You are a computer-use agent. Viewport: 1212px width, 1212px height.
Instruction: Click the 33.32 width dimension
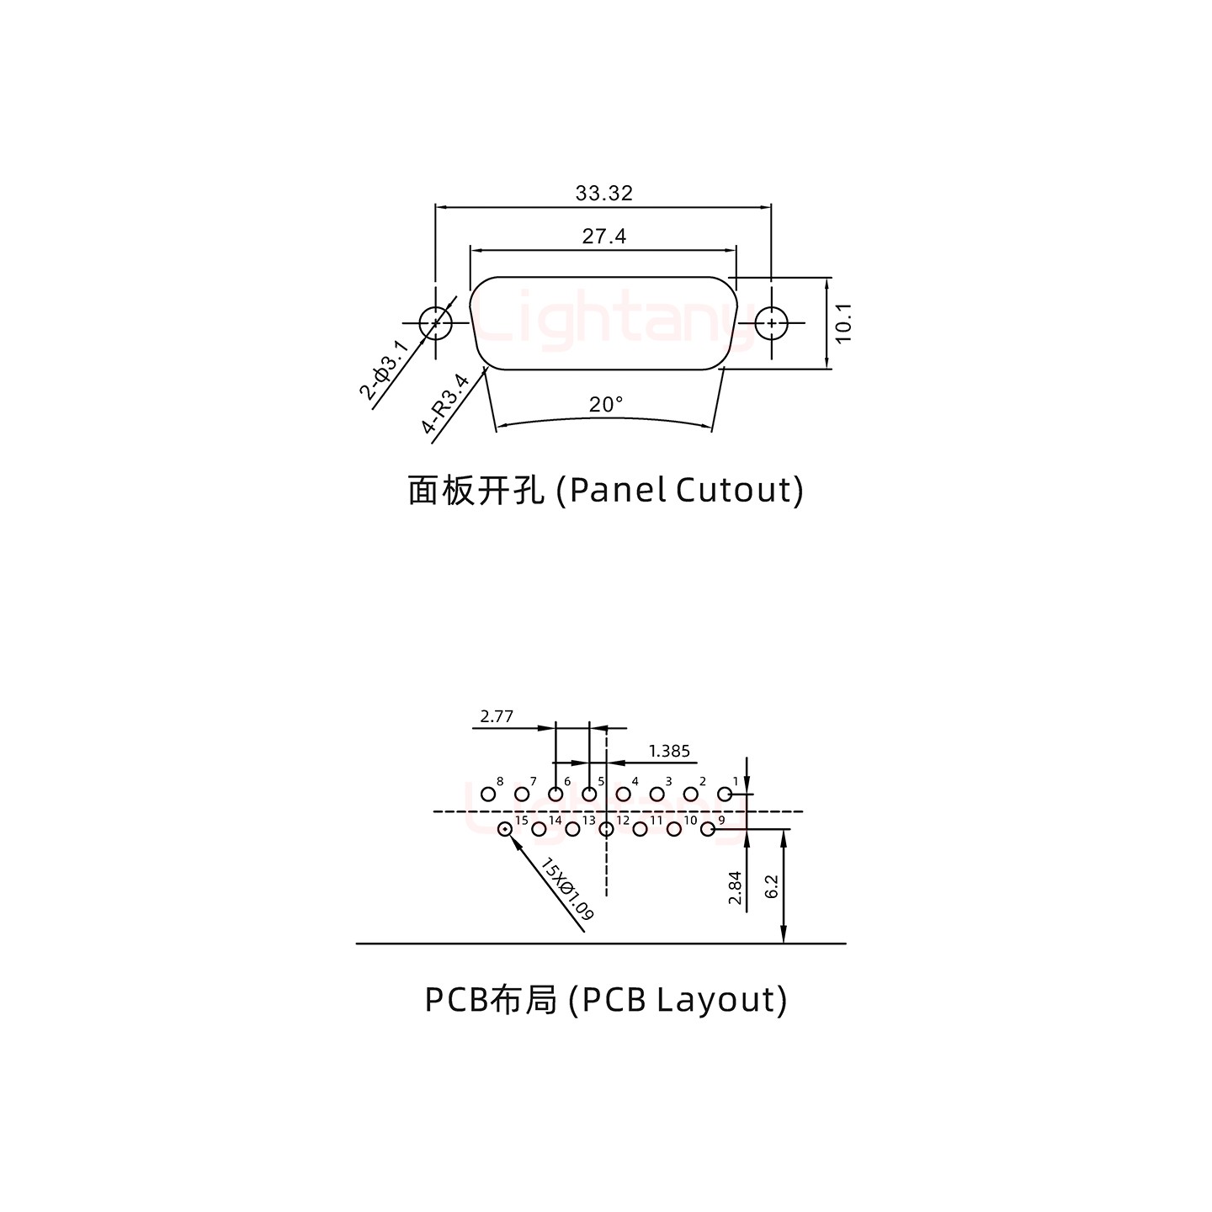click(603, 194)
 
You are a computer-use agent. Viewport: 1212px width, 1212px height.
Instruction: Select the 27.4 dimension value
click(603, 237)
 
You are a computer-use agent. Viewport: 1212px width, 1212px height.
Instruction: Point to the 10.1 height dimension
click(844, 322)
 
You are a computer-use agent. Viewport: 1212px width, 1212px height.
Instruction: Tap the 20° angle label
click(606, 405)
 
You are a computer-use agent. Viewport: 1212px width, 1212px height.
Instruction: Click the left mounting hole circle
click(435, 322)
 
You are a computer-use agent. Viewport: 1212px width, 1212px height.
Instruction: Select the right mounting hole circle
click(770, 322)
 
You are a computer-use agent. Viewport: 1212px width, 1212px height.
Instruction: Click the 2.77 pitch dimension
click(497, 717)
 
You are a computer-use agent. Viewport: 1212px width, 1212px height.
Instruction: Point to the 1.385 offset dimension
click(669, 751)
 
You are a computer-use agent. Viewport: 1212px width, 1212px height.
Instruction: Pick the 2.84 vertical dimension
click(735, 888)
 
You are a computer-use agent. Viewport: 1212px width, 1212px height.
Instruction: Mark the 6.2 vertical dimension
click(773, 886)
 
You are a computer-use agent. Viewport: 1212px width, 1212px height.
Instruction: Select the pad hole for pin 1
click(724, 794)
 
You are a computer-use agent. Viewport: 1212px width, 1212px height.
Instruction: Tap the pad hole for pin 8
click(487, 794)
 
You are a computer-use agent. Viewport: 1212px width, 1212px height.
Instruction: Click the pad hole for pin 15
click(505, 830)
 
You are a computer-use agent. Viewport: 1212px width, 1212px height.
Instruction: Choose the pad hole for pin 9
click(708, 830)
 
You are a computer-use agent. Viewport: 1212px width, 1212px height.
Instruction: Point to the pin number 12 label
click(623, 821)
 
